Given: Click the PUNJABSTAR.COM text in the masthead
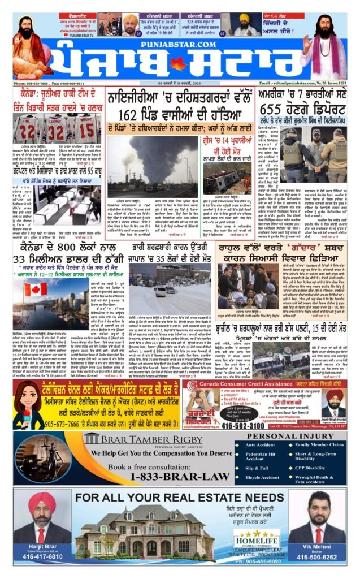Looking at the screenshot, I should (x=179, y=41).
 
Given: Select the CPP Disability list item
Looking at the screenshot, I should (x=311, y=468).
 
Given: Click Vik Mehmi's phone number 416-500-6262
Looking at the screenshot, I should (x=316, y=556).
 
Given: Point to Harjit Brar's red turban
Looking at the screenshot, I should (x=42, y=503).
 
